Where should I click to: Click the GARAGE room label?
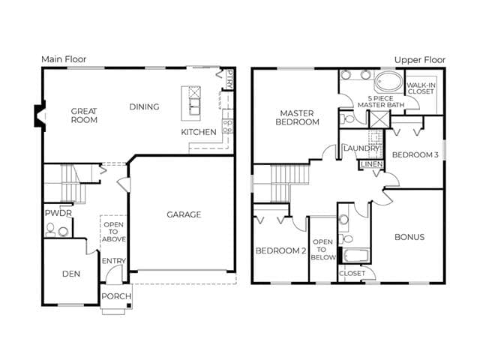click(184, 214)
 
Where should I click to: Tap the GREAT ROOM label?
click(84, 115)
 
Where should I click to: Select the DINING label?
click(144, 106)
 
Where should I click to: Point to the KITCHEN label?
click(199, 132)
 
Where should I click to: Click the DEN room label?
click(71, 274)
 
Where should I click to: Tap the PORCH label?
click(116, 296)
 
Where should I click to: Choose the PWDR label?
click(58, 213)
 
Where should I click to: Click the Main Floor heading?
click(64, 59)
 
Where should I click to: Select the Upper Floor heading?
click(420, 60)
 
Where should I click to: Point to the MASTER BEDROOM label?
click(297, 118)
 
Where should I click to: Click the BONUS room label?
click(409, 237)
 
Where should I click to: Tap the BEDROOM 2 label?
click(280, 250)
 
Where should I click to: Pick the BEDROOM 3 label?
click(415, 155)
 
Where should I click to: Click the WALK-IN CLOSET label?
click(421, 88)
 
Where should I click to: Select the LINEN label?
click(372, 164)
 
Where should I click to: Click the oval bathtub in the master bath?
click(388, 82)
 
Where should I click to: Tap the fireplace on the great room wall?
click(40, 115)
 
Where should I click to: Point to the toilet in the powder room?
click(50, 229)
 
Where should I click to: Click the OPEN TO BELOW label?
click(322, 250)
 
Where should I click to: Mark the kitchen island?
click(191, 103)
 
